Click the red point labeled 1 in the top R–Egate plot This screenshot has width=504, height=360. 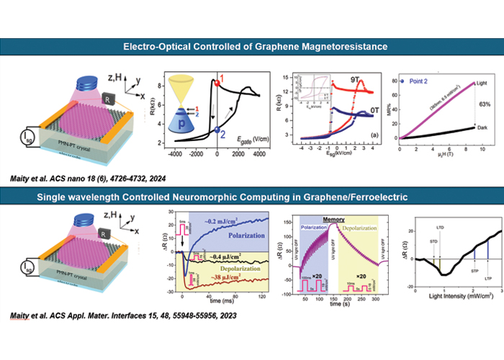tap(216, 84)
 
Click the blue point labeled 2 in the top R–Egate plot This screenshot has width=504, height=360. tap(216, 130)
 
